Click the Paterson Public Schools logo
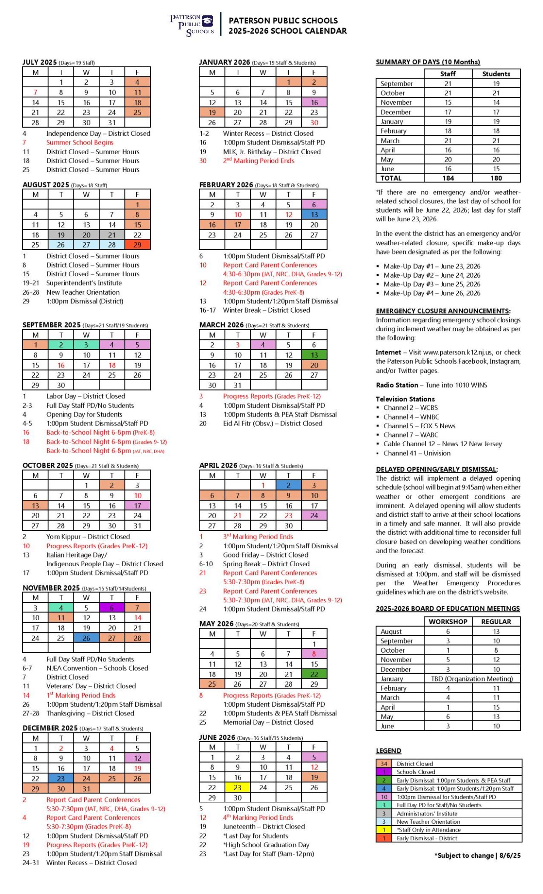click(x=192, y=25)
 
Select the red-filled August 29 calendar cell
click(x=137, y=245)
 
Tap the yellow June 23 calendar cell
click(x=237, y=787)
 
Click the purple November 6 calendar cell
click(x=112, y=608)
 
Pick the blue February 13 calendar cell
click(x=314, y=215)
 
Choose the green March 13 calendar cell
click(x=314, y=355)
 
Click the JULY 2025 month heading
click(x=40, y=62)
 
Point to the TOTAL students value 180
click(x=496, y=178)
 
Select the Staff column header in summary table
click(x=448, y=74)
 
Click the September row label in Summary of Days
click(x=396, y=83)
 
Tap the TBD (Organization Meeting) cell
click(x=472, y=679)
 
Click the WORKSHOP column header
click(x=448, y=622)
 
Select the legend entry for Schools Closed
click(x=415, y=772)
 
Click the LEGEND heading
click(x=388, y=751)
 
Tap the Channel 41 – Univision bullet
click(x=417, y=453)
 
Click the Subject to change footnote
click(x=477, y=856)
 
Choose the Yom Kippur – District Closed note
click(x=88, y=536)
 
